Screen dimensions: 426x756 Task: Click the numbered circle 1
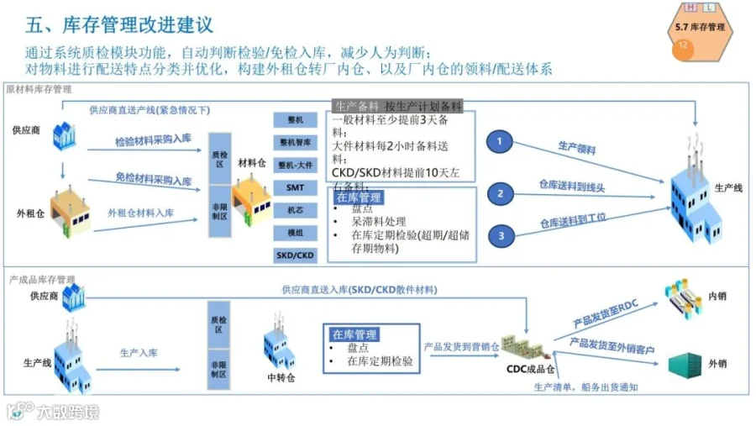click(500, 143)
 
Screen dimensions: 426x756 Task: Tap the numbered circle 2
click(501, 195)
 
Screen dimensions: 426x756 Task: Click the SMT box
click(295, 187)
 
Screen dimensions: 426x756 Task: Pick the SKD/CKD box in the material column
click(295, 255)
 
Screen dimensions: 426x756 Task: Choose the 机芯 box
click(295, 210)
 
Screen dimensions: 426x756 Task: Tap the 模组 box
click(295, 233)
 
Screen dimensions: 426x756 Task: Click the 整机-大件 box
click(295, 165)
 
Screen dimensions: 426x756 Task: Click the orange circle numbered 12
click(683, 46)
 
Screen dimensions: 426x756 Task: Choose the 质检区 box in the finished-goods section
click(218, 324)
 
